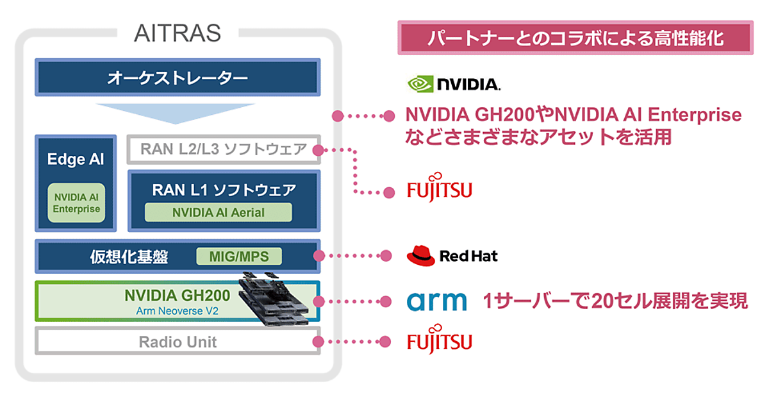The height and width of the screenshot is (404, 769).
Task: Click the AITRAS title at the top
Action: click(178, 33)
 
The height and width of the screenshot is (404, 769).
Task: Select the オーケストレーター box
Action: click(178, 78)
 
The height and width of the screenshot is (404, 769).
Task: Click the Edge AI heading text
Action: click(76, 159)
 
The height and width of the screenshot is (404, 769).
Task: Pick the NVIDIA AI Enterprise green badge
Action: click(76, 203)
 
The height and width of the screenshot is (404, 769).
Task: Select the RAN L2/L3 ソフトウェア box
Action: click(223, 149)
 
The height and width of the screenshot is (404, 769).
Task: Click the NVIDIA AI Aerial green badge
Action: click(218, 212)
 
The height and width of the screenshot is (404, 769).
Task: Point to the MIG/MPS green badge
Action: click(238, 257)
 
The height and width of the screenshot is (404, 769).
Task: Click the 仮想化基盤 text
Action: click(129, 257)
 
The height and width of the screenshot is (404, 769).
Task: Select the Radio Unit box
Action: click(178, 342)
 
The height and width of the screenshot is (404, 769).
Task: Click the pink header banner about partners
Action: click(575, 38)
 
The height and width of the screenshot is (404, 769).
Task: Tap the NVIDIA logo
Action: click(454, 83)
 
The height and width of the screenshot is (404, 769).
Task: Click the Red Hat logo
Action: click(452, 257)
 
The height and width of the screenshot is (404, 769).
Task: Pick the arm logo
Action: click(437, 301)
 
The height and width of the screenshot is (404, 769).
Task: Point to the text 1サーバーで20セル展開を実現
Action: click(616, 301)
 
